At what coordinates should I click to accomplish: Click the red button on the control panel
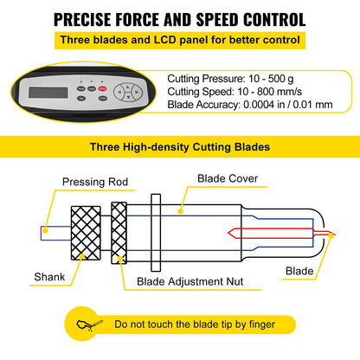(x=102, y=89)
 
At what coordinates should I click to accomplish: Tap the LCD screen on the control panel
(x=48, y=93)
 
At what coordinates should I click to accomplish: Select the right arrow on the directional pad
(x=137, y=93)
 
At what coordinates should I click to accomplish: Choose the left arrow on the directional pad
(x=119, y=93)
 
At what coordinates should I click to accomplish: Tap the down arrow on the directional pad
(x=128, y=98)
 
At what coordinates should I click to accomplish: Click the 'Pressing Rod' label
(x=95, y=182)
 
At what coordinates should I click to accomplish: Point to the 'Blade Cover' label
(x=228, y=178)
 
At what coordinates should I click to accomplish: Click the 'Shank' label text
(x=49, y=277)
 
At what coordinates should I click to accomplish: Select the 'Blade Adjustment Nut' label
(x=190, y=281)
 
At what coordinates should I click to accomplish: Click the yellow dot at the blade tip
(x=331, y=235)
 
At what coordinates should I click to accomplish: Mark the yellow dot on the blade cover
(x=181, y=211)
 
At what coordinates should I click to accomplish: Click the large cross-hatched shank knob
(x=86, y=233)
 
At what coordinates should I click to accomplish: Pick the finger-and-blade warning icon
(x=89, y=325)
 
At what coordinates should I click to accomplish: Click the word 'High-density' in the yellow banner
(x=156, y=147)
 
